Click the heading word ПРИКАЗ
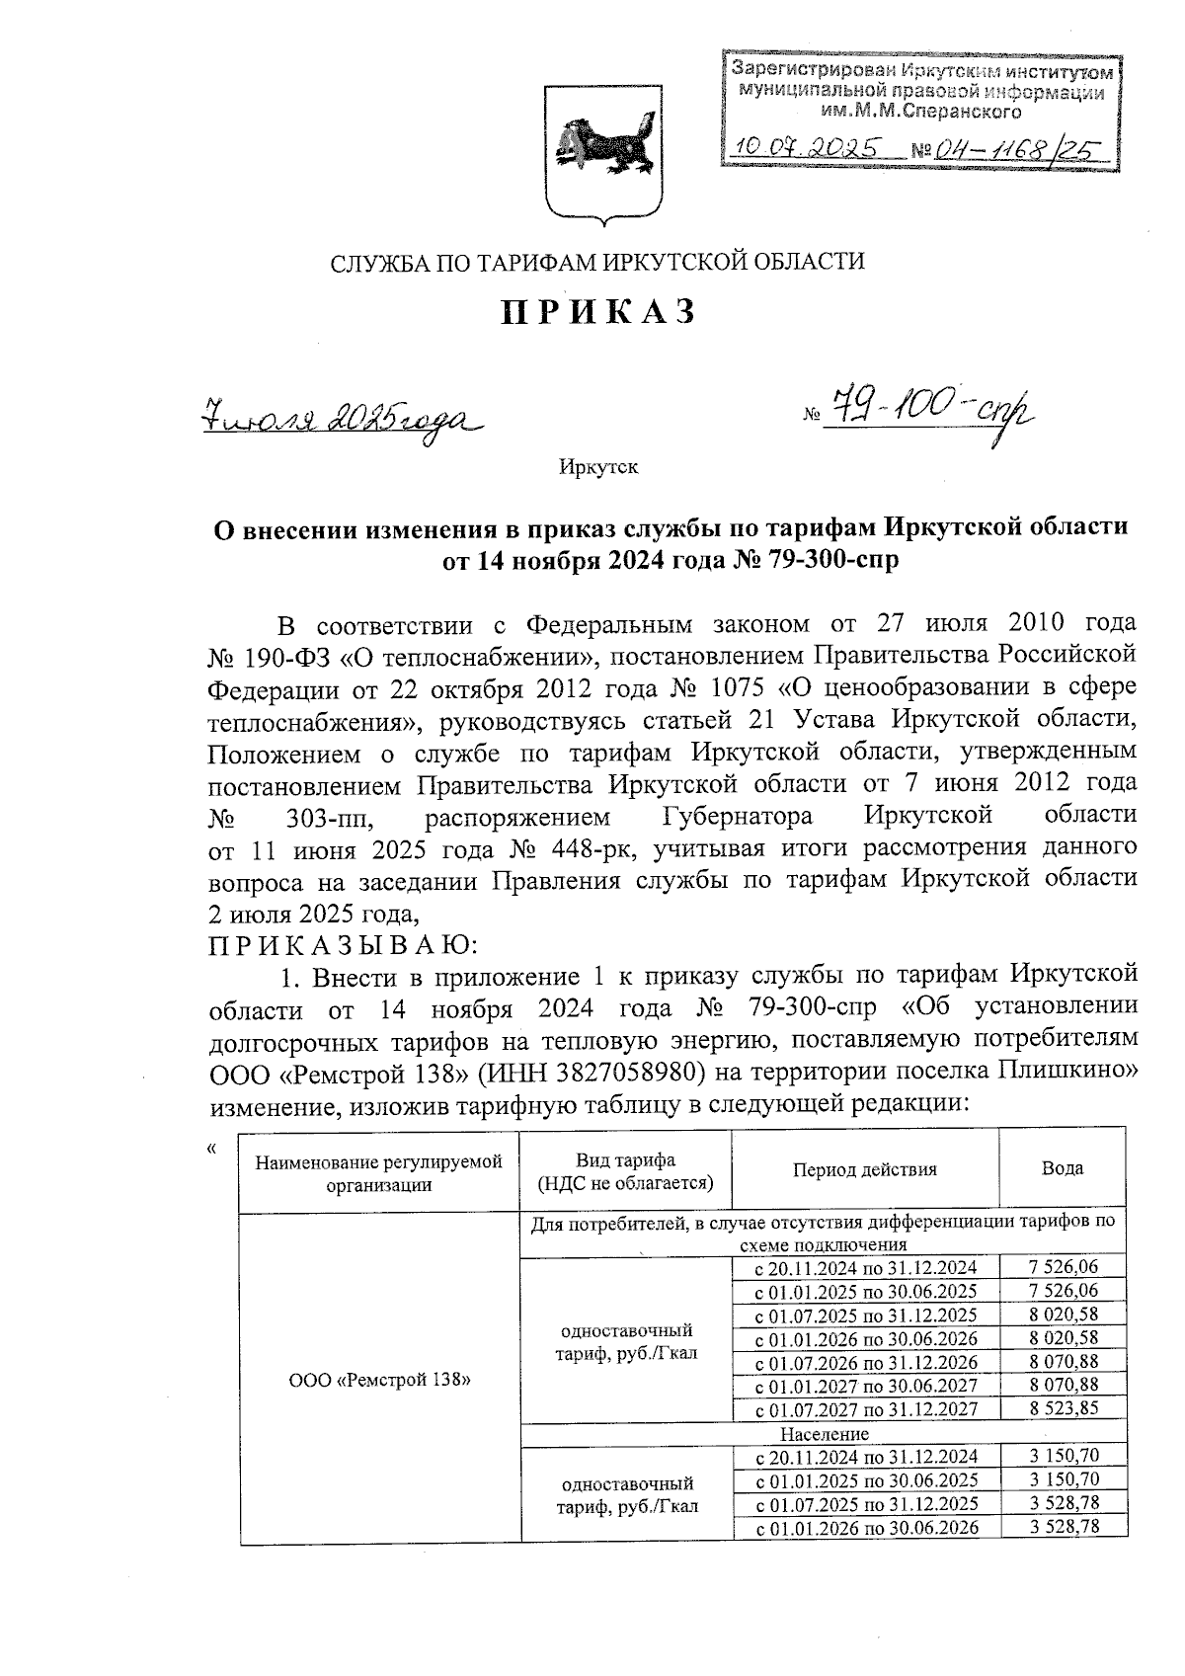coord(599,312)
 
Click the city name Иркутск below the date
coord(598,467)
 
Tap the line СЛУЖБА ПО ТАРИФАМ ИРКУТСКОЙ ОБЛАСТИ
coord(597,262)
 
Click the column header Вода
coord(1063,1169)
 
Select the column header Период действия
coord(864,1169)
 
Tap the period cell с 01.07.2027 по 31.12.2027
coord(865,1409)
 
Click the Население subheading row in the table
coord(824,1433)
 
